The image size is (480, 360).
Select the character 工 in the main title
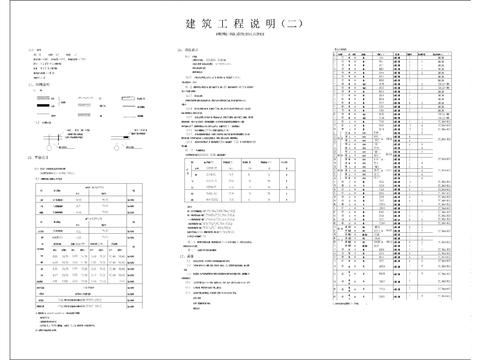[231, 23]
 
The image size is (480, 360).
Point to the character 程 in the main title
[250, 23]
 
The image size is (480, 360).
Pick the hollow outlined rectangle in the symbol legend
[133, 98]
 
